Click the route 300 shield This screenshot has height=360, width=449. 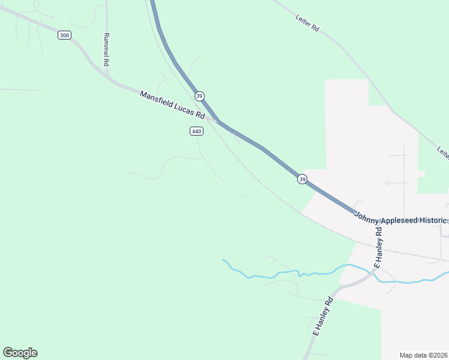[64, 35]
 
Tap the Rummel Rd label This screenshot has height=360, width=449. [106, 49]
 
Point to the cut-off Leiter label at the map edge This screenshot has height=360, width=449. [443, 153]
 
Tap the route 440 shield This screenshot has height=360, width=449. [196, 131]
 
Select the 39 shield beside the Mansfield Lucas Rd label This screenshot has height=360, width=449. [199, 96]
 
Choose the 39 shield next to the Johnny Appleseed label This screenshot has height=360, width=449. [302, 179]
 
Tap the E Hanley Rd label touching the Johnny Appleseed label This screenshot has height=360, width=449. [378, 247]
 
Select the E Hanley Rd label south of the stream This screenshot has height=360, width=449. [323, 317]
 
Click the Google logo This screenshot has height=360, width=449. [20, 353]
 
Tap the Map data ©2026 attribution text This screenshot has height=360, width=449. [423, 355]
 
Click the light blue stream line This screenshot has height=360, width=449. [264, 277]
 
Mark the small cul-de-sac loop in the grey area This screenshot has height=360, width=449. [388, 182]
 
